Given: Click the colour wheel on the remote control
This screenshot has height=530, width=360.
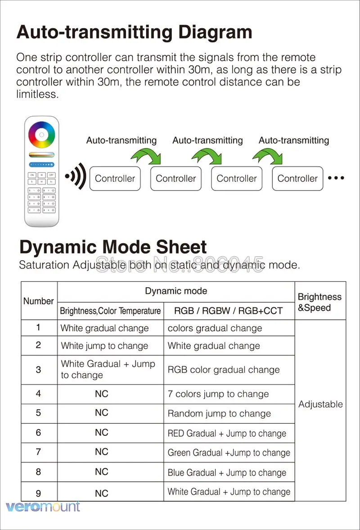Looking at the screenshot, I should click(x=42, y=134).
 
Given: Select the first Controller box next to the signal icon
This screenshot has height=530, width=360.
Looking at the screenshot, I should click(x=115, y=178).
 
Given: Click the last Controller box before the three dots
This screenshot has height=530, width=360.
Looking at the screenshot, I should click(x=297, y=178).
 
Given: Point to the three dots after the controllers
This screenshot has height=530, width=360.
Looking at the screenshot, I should click(x=336, y=178).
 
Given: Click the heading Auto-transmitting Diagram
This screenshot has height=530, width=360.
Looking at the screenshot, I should click(x=134, y=32).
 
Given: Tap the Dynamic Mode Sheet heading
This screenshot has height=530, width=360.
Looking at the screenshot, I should click(x=113, y=247).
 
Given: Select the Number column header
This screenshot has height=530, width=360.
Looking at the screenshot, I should click(x=39, y=301).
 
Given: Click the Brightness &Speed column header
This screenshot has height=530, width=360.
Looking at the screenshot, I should click(x=319, y=302).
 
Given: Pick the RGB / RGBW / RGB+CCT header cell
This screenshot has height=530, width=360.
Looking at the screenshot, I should click(x=229, y=311).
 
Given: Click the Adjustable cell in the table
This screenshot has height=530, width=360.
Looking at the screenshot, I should click(x=320, y=404).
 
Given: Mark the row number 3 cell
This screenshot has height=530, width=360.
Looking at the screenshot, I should click(x=38, y=370).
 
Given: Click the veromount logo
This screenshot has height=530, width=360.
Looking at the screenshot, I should click(x=43, y=506).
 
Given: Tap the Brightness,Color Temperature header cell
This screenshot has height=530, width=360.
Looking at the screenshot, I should click(x=110, y=311).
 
